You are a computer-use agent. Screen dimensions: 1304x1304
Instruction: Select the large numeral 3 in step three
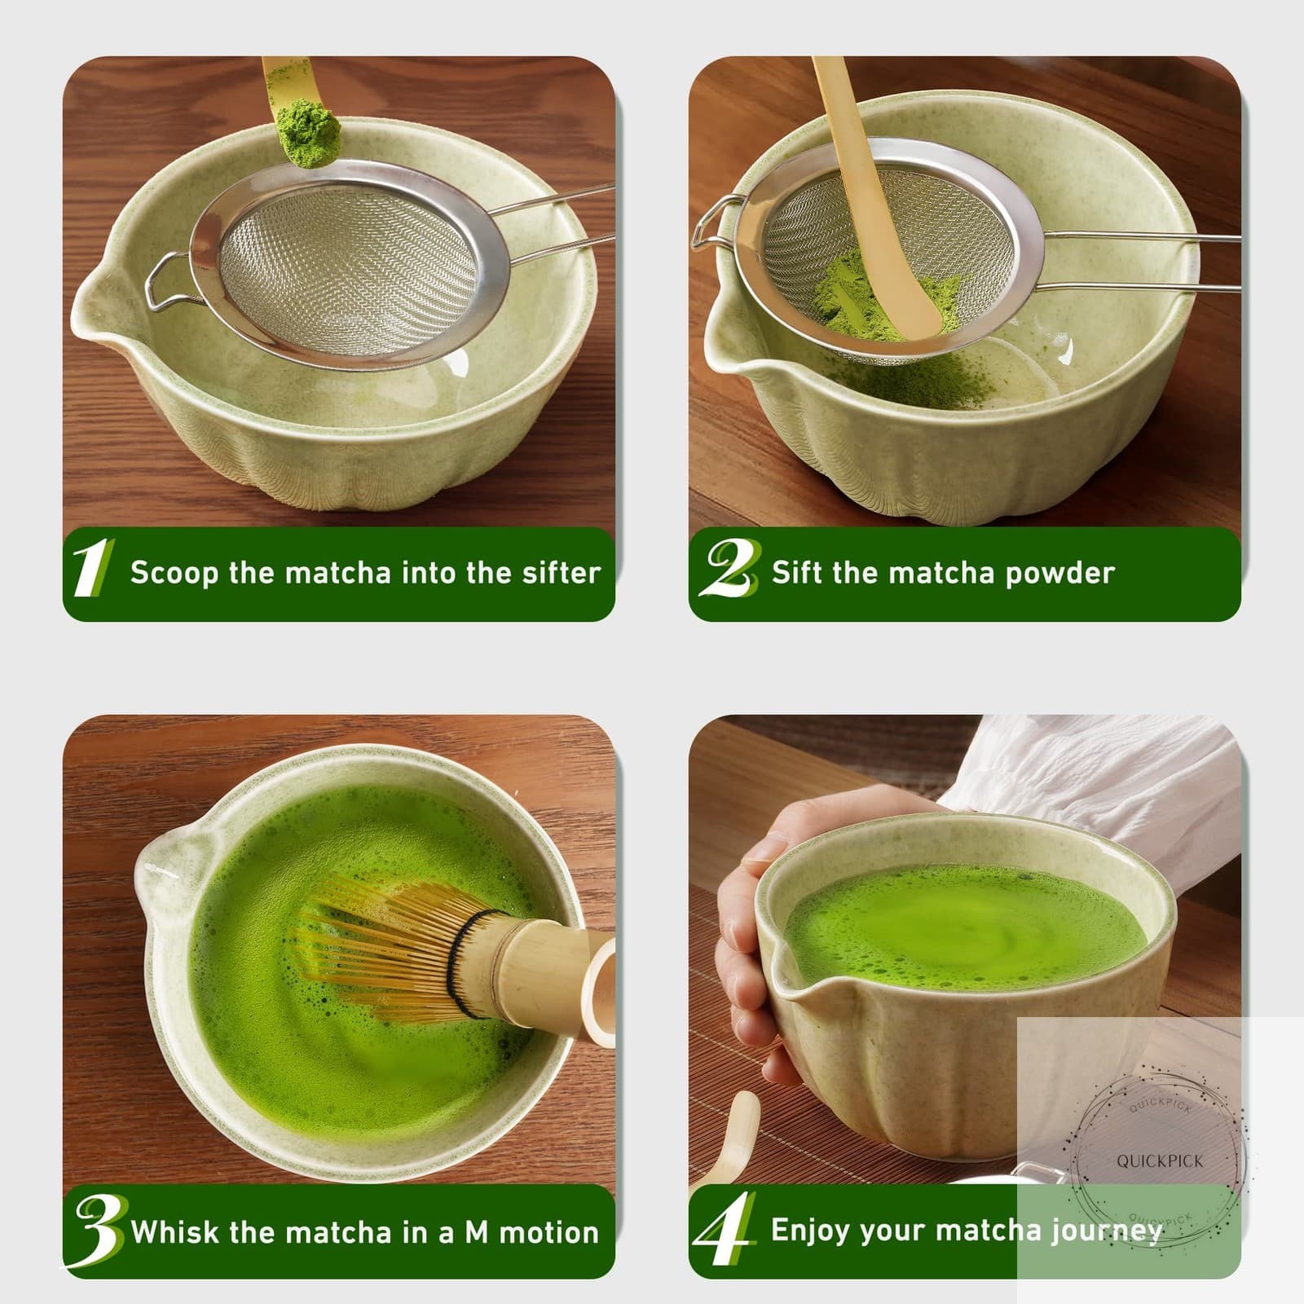(99, 1229)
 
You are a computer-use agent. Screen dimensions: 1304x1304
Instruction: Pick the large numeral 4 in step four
(723, 1229)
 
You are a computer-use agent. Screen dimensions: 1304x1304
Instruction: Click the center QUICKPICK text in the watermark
(1160, 1161)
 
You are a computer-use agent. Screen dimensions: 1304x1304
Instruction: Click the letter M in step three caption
(476, 1231)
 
